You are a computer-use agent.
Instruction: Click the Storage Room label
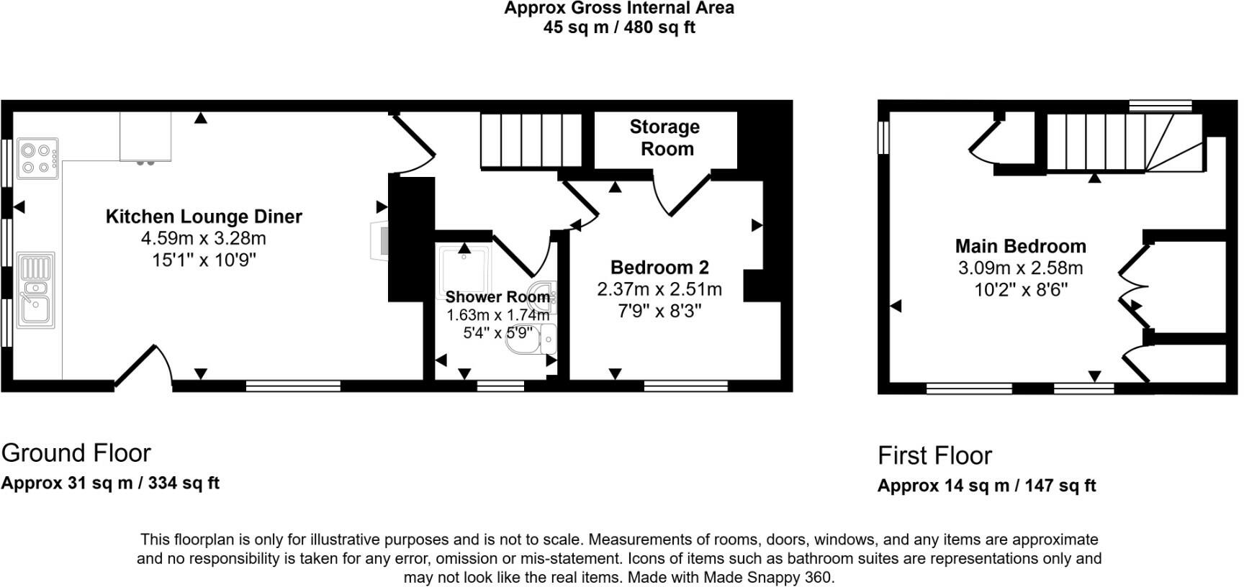point(665,138)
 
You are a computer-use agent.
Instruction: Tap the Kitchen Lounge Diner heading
point(204,217)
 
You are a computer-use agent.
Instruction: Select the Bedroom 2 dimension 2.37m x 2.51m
point(659,289)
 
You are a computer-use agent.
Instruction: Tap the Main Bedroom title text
point(1020,246)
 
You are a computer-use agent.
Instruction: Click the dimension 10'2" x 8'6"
point(1020,290)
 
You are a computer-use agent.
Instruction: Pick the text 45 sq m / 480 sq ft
point(619,28)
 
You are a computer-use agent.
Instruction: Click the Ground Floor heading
point(76,453)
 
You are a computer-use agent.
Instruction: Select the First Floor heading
point(934,456)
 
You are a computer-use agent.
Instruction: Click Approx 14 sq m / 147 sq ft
point(986,486)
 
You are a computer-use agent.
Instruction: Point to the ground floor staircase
point(531,140)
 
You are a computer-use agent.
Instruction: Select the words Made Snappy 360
point(767,577)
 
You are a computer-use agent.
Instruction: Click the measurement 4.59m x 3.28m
point(204,238)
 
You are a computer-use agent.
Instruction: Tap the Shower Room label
point(497,297)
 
